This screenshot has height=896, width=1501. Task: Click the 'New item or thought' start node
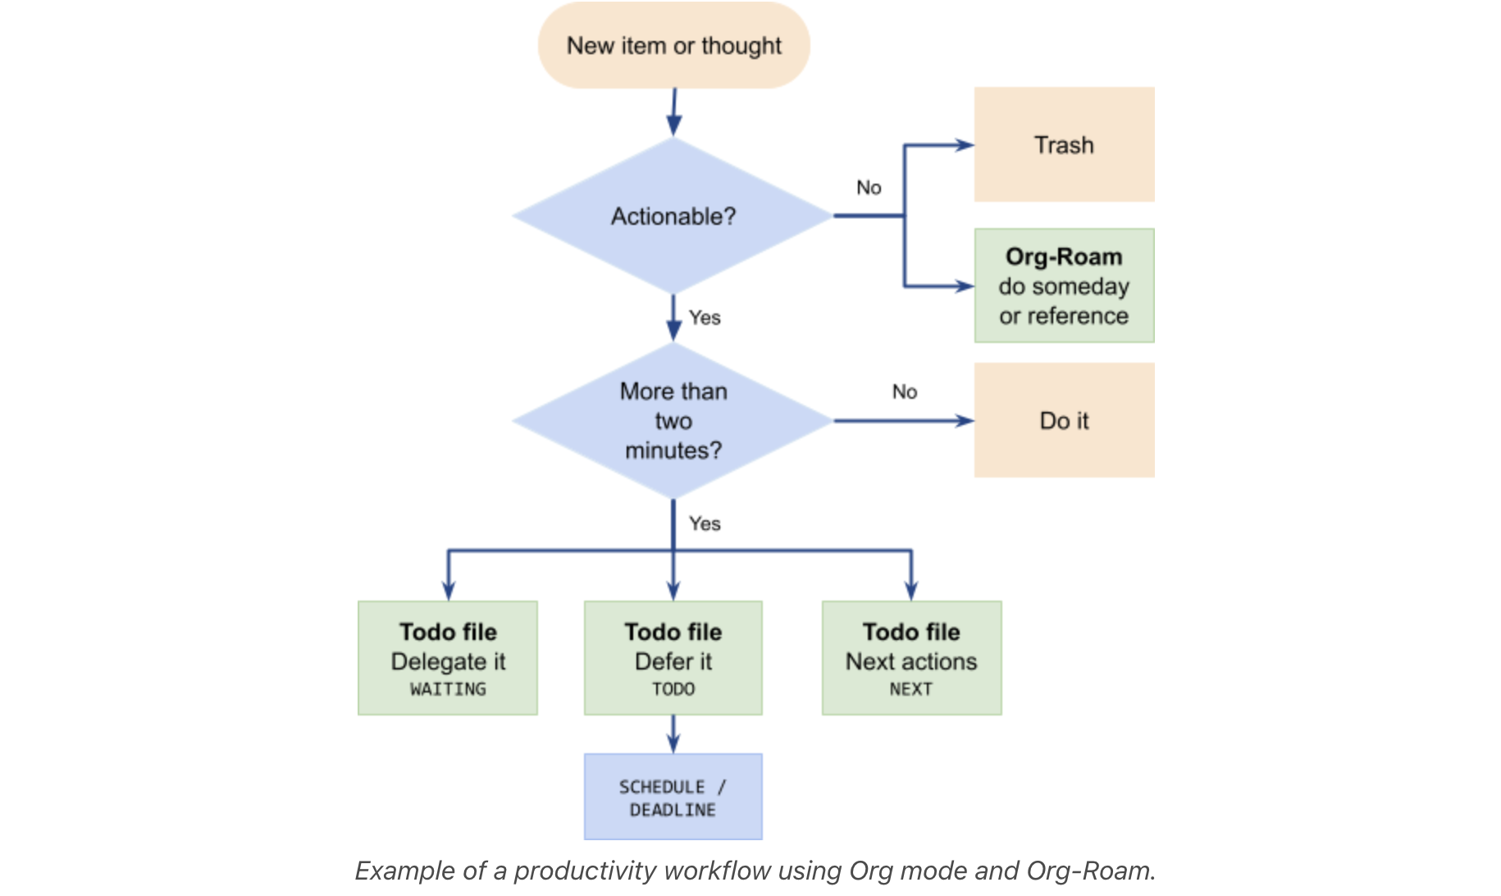coord(673,46)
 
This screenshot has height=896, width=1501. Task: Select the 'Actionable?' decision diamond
coord(673,217)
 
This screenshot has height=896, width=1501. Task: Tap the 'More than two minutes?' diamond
coord(673,421)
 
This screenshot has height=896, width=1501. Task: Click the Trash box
coord(1064,145)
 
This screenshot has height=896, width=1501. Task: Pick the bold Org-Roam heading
coord(1064,257)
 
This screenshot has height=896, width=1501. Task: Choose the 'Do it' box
coord(1064,421)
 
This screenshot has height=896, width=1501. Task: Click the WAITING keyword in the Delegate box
coord(448,689)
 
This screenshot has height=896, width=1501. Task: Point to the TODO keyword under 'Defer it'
coord(673,689)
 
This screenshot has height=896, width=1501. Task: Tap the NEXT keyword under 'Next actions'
coord(911,689)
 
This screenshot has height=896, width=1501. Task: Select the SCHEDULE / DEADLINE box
coord(673,798)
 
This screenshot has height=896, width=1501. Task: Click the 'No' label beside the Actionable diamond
coord(869,188)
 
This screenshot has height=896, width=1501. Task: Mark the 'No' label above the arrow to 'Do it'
coord(905,392)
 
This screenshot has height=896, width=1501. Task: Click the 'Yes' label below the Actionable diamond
coord(705,318)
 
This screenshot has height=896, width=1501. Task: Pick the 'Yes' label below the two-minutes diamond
coord(705,523)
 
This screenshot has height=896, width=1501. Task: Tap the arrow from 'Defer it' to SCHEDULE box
coord(673,735)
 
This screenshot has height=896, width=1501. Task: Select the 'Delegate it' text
coord(448,661)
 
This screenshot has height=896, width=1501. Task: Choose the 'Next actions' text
coord(911,661)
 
